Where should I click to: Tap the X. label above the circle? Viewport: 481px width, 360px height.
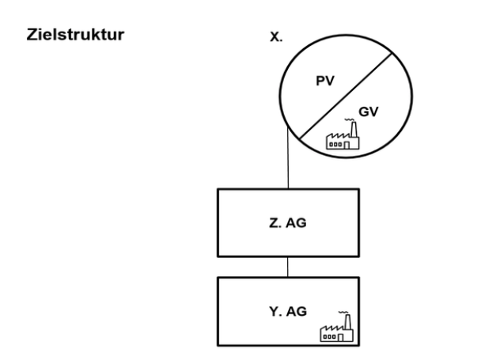(x=276, y=37)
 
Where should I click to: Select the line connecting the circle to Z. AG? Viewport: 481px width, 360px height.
(x=288, y=162)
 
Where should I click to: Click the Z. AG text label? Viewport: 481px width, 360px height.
(x=289, y=222)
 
